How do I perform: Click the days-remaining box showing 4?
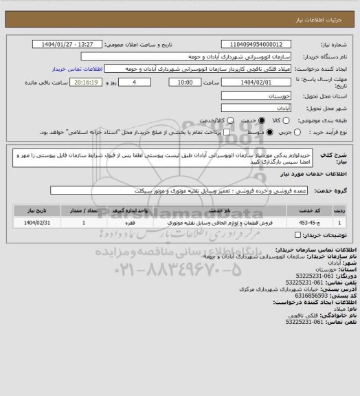tap(124, 82)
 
